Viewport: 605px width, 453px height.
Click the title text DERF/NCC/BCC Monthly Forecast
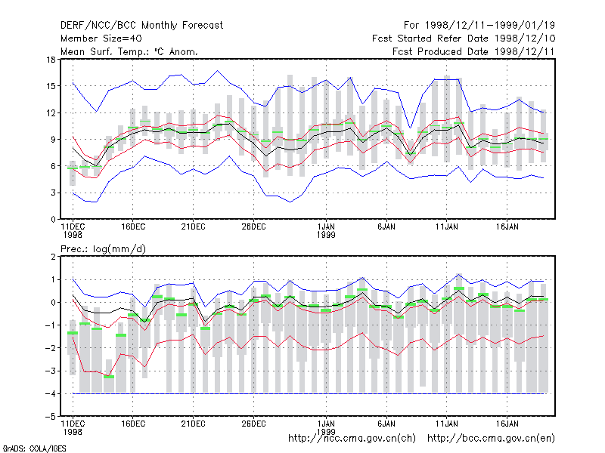tap(141, 26)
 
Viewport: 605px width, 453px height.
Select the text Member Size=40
tap(101, 39)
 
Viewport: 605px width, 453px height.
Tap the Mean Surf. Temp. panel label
tap(129, 51)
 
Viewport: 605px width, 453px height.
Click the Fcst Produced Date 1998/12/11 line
tap(474, 51)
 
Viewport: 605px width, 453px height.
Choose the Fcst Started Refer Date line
tap(464, 39)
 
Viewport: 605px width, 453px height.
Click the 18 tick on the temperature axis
tap(51, 60)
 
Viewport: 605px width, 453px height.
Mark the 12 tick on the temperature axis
tap(51, 112)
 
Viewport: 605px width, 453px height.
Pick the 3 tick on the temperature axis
tap(53, 193)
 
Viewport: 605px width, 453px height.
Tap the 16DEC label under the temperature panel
tap(133, 227)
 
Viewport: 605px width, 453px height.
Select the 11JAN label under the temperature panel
tap(447, 227)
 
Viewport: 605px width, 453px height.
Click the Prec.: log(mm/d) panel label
tap(103, 249)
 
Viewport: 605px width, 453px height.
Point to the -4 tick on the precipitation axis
tap(51, 393)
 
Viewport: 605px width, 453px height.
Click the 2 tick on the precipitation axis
tap(53, 257)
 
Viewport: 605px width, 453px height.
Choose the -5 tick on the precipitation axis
tap(51, 417)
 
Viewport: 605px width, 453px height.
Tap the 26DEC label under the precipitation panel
tap(253, 424)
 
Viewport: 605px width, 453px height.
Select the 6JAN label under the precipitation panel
tap(386, 424)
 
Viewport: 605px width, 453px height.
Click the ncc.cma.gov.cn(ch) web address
tap(352, 439)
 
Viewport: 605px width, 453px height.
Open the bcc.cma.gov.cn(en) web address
tap(491, 439)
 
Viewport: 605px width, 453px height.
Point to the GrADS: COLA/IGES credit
tap(34, 448)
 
